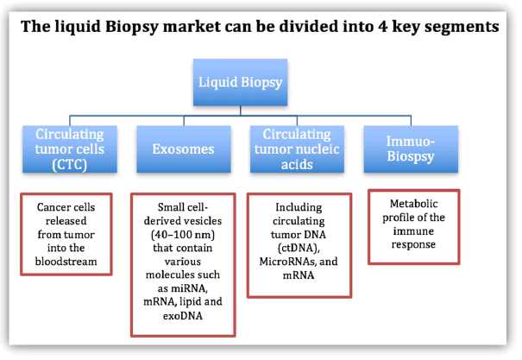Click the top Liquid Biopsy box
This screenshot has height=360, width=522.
[240, 82]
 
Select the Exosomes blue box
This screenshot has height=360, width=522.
[184, 148]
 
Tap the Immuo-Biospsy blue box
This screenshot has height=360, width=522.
[411, 148]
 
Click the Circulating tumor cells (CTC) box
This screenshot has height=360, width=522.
[70, 148]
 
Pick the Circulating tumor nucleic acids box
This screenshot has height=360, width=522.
[297, 148]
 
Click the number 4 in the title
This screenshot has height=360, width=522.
[382, 26]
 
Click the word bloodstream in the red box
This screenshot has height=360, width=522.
[66, 262]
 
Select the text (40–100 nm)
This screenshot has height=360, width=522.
[183, 235]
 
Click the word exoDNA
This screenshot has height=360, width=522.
[183, 315]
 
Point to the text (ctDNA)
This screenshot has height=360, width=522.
[299, 248]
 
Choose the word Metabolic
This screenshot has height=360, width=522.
[414, 204]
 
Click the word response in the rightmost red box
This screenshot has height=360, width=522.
[413, 245]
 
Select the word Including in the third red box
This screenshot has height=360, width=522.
[299, 207]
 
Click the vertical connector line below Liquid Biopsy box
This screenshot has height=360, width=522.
[241, 111]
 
